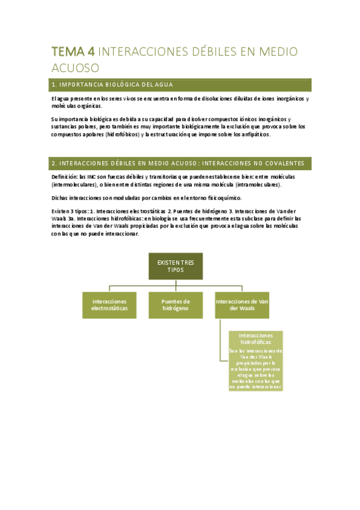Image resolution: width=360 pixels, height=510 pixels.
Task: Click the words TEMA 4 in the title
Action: coord(73,52)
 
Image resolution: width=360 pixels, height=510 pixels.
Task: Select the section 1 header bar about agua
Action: coord(180,84)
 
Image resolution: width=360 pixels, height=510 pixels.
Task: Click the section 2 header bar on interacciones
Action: coord(180,163)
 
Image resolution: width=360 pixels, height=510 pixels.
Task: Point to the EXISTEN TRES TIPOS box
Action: coord(175,266)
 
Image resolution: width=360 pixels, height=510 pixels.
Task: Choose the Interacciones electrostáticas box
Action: coord(109,305)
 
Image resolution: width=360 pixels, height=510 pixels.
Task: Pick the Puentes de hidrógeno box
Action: coord(175,305)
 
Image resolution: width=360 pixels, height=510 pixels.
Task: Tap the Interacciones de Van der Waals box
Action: coord(242,305)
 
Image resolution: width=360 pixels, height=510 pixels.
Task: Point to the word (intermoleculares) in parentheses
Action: coord(75,185)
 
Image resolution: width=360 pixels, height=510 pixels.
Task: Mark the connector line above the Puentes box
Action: coord(175,286)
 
